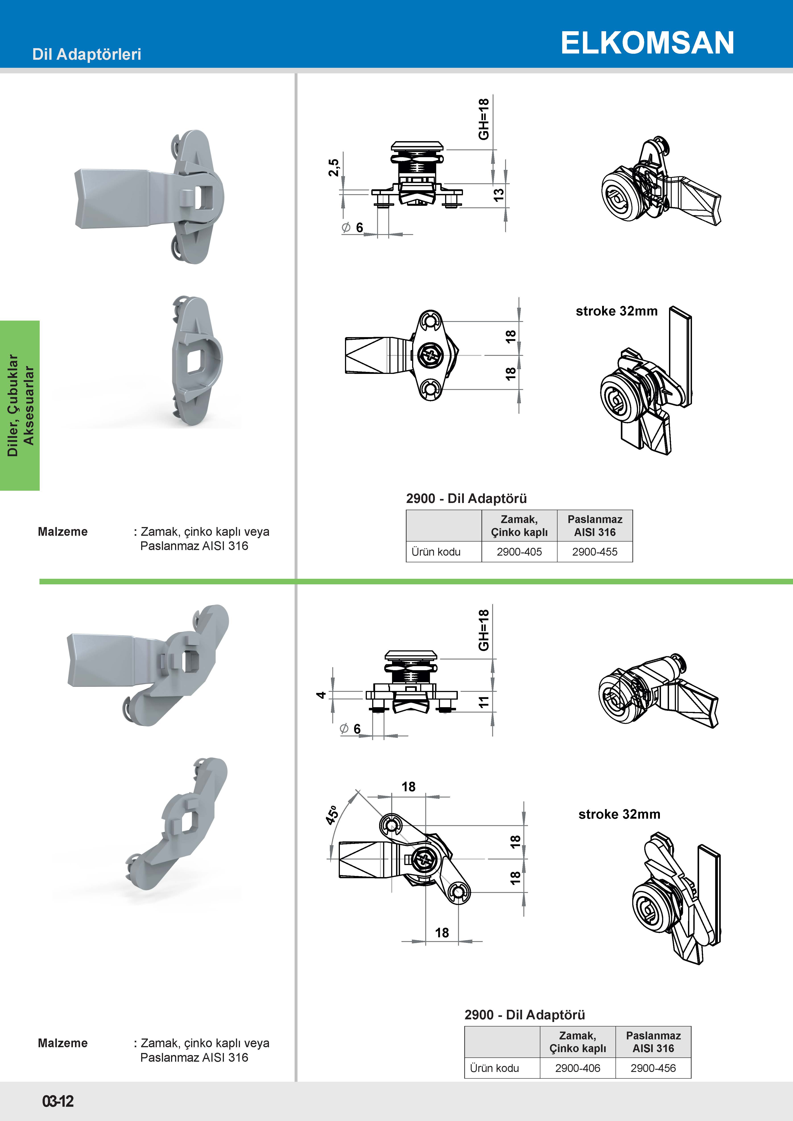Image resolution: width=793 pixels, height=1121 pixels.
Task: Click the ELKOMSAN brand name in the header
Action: (647, 43)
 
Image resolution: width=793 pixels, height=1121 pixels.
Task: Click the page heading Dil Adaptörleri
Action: (87, 54)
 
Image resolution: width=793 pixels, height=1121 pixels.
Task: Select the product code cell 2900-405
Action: (519, 552)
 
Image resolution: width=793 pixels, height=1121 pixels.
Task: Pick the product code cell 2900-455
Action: (595, 552)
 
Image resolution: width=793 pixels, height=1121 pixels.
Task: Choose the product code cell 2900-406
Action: (578, 1068)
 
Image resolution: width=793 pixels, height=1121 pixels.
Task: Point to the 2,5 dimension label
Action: (334, 167)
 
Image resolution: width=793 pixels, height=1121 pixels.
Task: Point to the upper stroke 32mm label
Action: (616, 311)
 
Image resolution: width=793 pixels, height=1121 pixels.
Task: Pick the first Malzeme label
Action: (62, 532)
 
